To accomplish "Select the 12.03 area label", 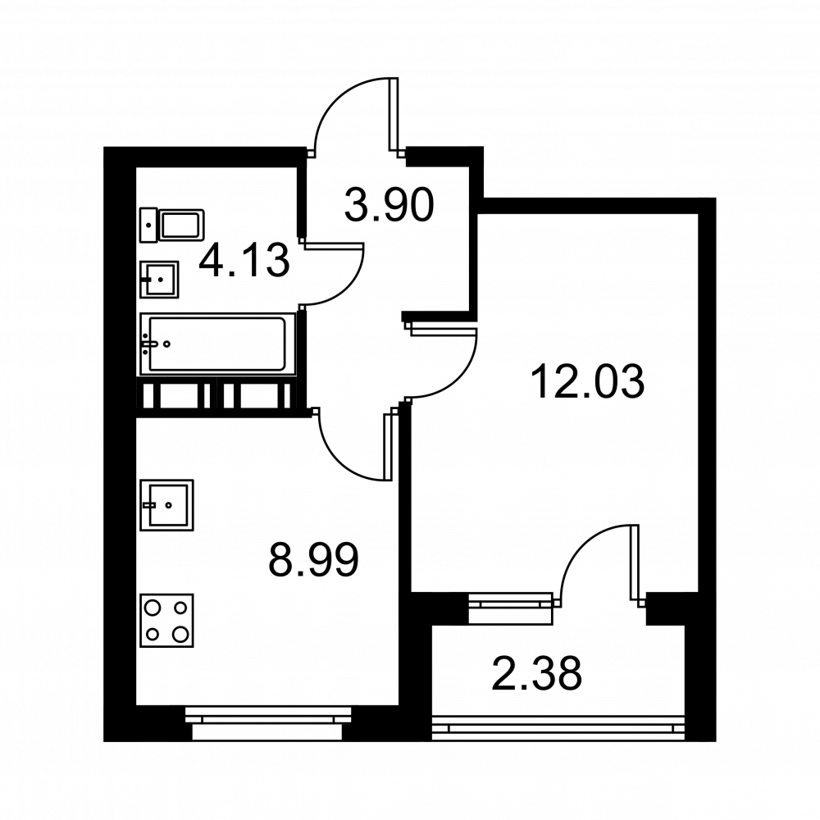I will (587, 382).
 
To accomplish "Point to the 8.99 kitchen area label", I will (314, 562).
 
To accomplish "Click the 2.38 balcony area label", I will (537, 675).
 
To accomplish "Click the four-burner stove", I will (166, 620).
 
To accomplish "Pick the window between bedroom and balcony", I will (511, 601).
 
